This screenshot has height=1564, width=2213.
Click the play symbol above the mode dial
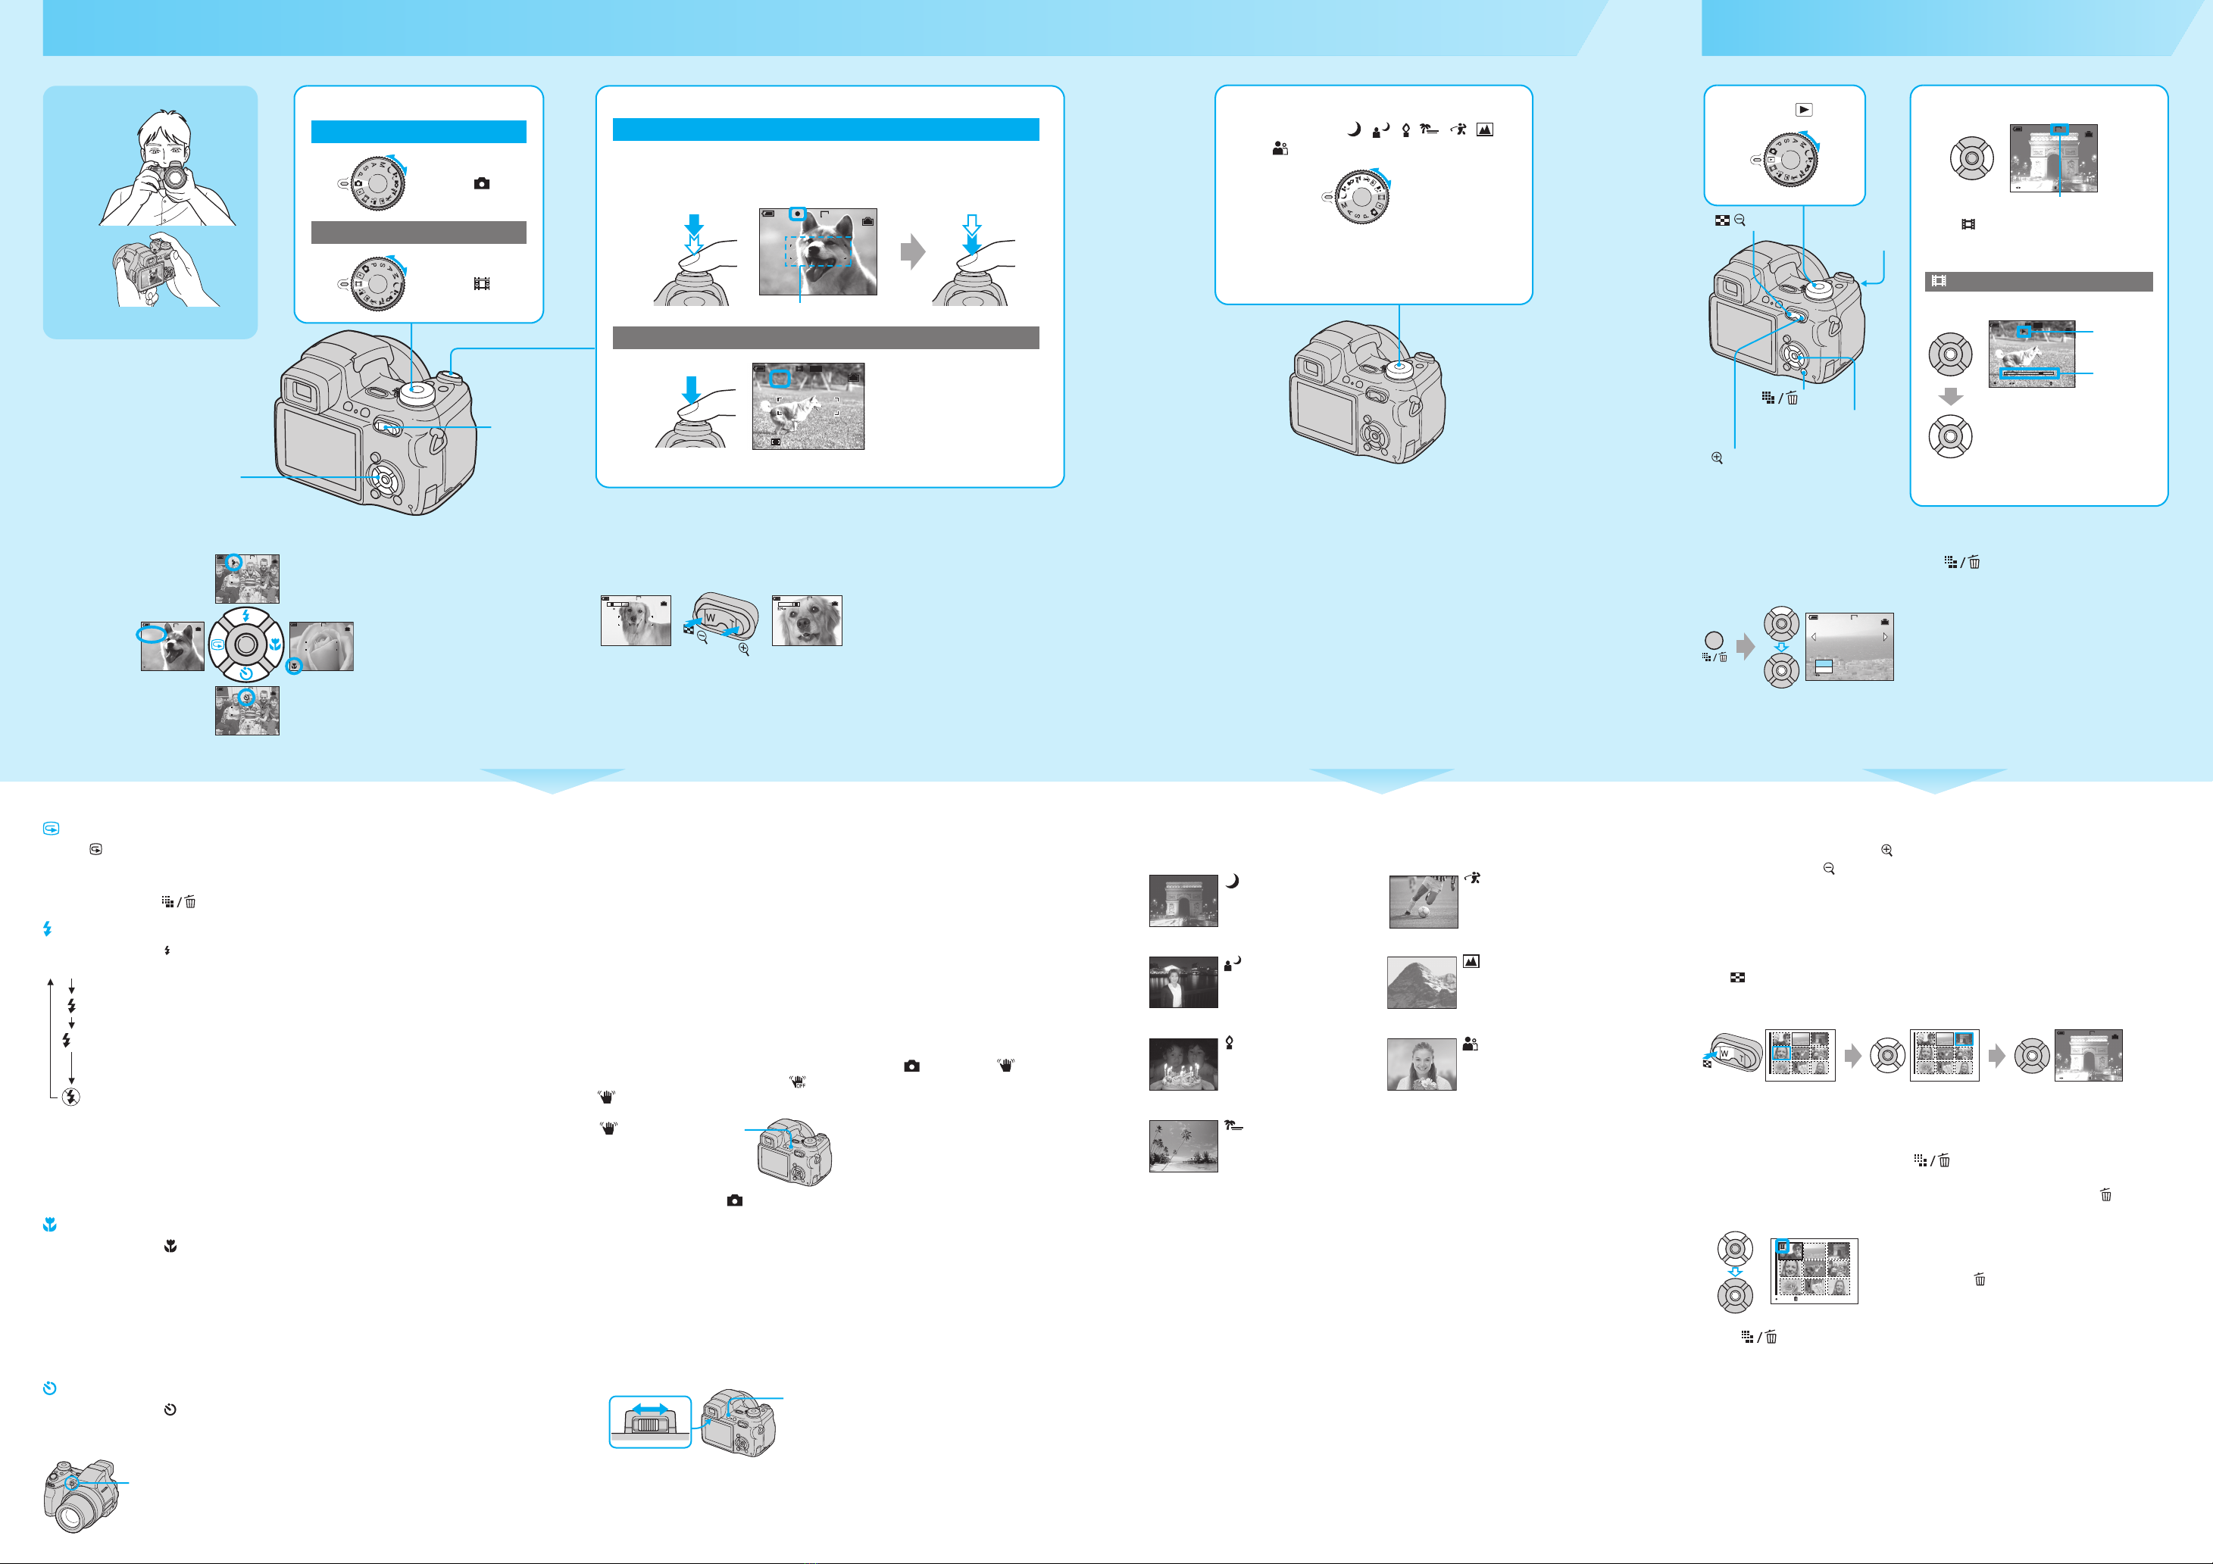[x=1803, y=110]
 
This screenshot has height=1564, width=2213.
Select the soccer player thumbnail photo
[x=1423, y=902]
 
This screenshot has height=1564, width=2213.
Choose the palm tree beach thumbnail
[x=1183, y=1146]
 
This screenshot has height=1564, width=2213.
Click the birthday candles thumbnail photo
[x=1183, y=1064]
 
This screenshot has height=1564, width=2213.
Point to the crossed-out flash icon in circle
[x=70, y=1097]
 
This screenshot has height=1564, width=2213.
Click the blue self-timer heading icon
[x=49, y=1388]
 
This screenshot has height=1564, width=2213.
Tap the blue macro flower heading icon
[x=49, y=1225]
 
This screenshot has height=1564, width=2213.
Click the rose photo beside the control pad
[x=321, y=645]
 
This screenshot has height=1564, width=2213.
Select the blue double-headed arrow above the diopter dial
[x=649, y=1409]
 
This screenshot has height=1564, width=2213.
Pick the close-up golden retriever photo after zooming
[x=807, y=620]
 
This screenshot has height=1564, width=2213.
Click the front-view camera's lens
[x=72, y=1515]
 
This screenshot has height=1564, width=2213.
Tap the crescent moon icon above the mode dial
[x=1353, y=129]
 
